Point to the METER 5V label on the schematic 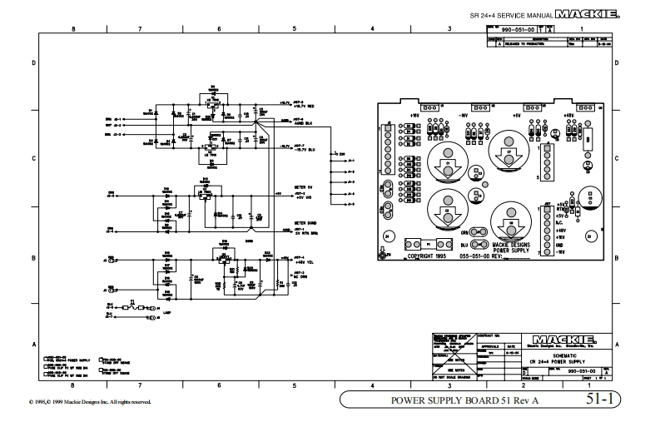(x=304, y=187)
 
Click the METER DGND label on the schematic (x=305, y=223)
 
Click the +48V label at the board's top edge (x=568, y=116)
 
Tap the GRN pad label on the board (x=465, y=232)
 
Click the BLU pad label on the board (x=464, y=245)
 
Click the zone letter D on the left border (x=33, y=63)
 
